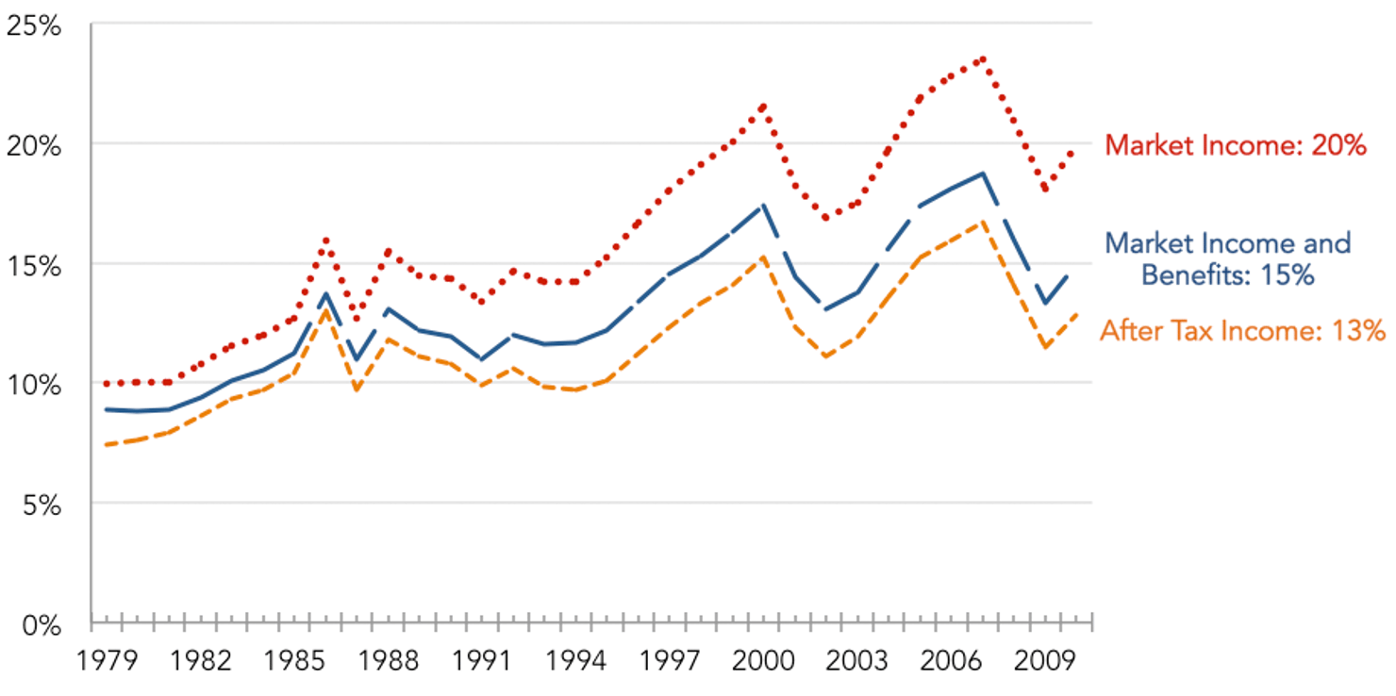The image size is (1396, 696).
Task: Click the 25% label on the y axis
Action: click(33, 25)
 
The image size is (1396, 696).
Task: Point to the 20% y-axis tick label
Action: click(33, 145)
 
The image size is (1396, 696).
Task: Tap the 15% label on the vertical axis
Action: click(33, 265)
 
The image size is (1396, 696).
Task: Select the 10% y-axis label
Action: click(33, 385)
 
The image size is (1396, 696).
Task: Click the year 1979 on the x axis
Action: click(107, 660)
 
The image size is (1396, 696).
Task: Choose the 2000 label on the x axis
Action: click(763, 660)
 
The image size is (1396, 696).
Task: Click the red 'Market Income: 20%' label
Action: click(1236, 145)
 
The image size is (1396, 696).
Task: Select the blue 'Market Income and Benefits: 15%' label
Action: click(1227, 258)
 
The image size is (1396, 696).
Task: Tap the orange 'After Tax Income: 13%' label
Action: click(1242, 330)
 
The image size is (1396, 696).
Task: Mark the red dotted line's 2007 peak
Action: click(983, 58)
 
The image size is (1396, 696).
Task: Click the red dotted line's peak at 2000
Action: click(763, 105)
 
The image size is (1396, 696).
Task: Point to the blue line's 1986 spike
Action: click(326, 293)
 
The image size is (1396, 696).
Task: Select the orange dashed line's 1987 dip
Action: click(357, 389)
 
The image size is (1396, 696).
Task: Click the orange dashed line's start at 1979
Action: click(107, 444)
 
